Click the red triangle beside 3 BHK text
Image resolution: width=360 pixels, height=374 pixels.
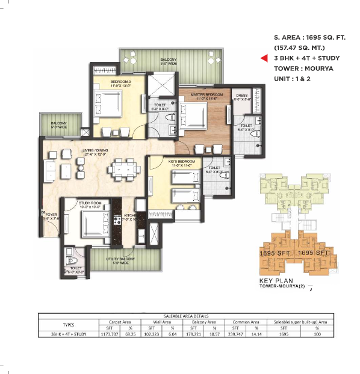click(x=264, y=58)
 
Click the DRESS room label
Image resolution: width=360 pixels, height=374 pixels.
click(x=242, y=94)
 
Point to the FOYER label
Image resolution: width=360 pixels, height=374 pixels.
click(x=51, y=213)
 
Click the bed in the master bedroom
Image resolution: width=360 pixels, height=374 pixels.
click(x=194, y=114)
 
